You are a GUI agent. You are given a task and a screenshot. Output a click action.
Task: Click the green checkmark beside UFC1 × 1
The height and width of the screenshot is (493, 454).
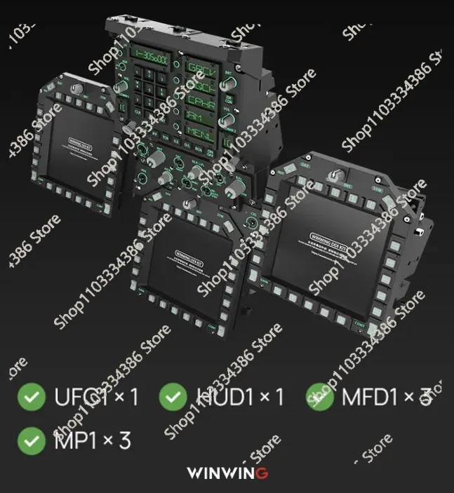pos(29,397)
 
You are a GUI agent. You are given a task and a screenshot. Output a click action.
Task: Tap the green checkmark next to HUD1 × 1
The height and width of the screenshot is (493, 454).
pos(173,397)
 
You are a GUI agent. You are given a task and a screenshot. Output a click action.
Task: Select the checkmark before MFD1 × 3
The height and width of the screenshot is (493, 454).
pos(319,397)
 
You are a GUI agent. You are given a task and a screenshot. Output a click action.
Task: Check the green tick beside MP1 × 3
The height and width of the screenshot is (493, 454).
pos(29,440)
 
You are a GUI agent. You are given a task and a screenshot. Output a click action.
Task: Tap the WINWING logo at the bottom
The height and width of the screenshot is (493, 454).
pos(227,473)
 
